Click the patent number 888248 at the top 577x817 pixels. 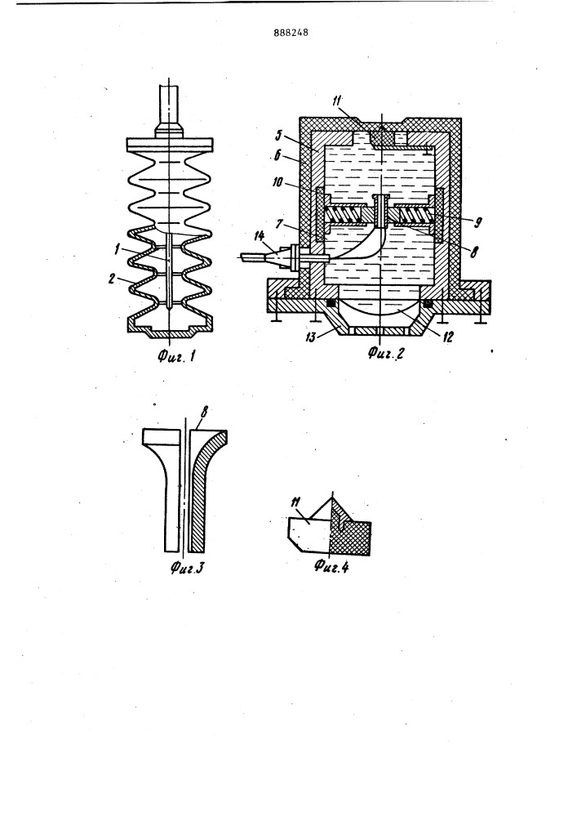point(291,33)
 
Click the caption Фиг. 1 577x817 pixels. point(177,357)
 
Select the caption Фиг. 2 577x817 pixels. point(385,354)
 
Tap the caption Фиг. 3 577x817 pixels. point(186,566)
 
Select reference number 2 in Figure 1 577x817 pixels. point(111,279)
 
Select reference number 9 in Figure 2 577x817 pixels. point(477,222)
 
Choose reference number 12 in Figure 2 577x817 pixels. point(448,337)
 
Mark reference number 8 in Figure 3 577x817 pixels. point(203,412)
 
